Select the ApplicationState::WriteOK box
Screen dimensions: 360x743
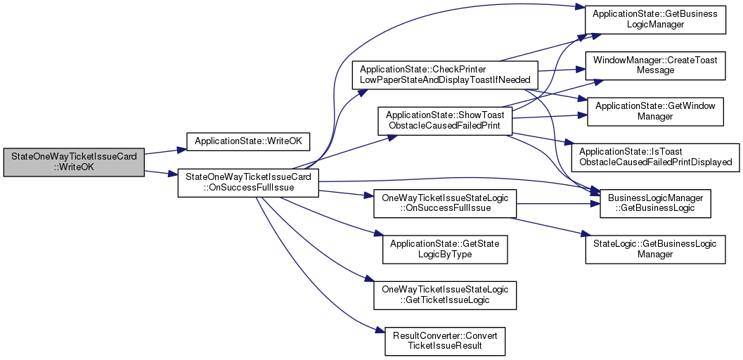248,141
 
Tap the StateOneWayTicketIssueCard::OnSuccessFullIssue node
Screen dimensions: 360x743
248,183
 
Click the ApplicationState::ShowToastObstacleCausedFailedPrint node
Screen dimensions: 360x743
445,120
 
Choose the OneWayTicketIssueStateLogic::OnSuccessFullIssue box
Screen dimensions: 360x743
445,204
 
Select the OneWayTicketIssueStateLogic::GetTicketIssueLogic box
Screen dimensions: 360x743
445,295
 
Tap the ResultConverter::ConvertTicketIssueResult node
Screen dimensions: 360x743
445,340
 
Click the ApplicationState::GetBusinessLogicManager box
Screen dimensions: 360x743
655,19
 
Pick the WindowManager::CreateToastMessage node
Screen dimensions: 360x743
655,65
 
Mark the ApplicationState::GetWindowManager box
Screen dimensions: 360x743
655,110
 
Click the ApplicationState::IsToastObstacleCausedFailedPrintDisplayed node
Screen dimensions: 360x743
655,156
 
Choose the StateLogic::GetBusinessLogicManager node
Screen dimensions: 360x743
655,248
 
